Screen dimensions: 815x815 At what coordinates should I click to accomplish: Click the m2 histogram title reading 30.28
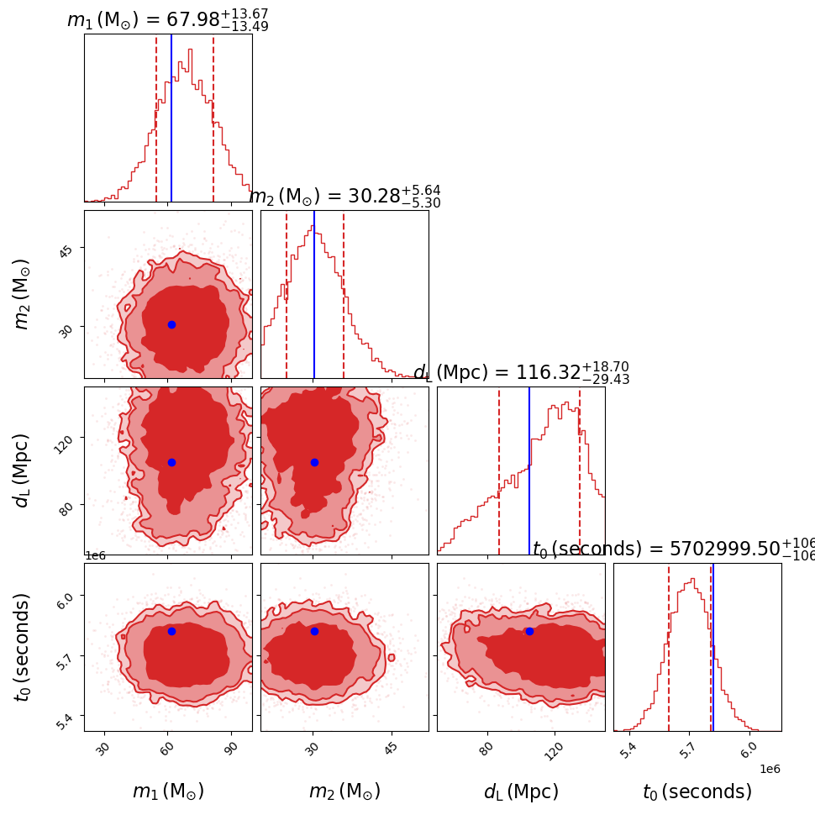tap(345, 197)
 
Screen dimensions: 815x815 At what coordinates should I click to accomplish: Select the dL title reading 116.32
tap(521, 373)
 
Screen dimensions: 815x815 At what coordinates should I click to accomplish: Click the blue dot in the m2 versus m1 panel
tap(171, 324)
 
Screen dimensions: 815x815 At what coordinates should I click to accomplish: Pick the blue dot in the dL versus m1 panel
tap(171, 462)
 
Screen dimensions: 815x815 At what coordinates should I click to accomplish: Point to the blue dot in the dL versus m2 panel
tap(314, 462)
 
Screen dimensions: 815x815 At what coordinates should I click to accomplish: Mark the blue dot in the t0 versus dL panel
tap(529, 631)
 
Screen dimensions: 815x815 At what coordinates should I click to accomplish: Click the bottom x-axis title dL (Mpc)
tap(521, 791)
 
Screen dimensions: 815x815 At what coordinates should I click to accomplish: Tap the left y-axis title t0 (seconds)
tap(23, 647)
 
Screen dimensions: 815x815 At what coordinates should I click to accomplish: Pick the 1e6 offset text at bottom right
tap(770, 769)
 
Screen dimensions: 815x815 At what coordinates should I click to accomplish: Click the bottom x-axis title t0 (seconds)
tap(697, 791)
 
